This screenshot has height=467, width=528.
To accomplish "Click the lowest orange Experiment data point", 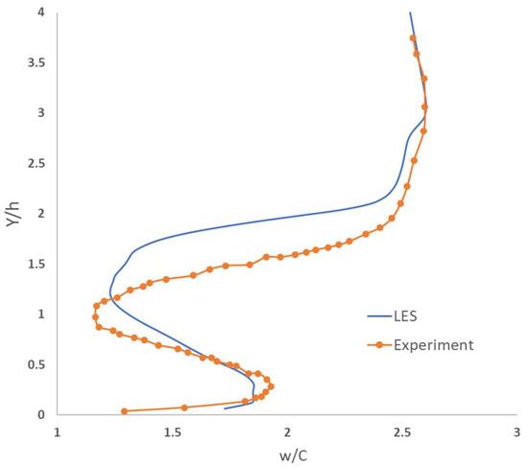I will pyautogui.click(x=124, y=411).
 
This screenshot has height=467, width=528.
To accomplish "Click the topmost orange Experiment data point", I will pyautogui.click(x=413, y=38).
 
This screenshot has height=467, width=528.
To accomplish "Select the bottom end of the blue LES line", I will pyautogui.click(x=224, y=409).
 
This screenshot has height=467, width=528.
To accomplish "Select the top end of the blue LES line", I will pyautogui.click(x=410, y=12).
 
